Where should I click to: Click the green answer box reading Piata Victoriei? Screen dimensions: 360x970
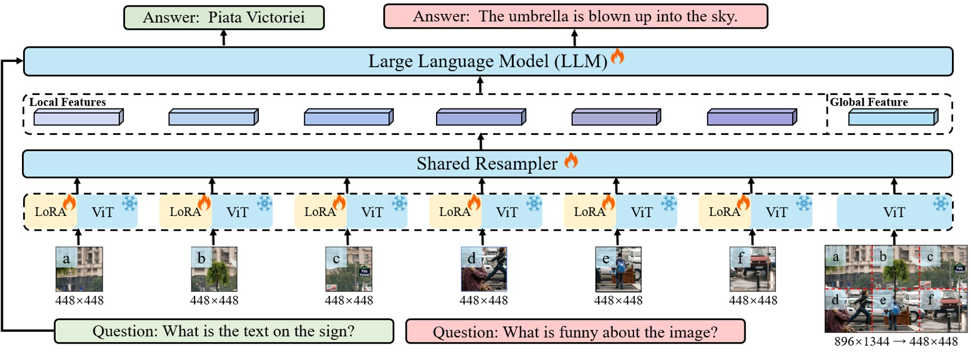(224, 17)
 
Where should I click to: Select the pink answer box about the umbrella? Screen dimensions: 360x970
(575, 16)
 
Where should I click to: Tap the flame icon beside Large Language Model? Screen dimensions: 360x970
(618, 56)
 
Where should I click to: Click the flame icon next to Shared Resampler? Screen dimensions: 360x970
(571, 160)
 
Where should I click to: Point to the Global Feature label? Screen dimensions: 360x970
(869, 102)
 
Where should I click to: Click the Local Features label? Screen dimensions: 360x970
(68, 102)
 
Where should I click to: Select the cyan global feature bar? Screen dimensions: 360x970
(892, 118)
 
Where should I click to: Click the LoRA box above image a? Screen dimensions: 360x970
(50, 212)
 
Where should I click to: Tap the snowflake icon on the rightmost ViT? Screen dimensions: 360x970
(941, 203)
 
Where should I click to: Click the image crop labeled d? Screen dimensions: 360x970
(483, 269)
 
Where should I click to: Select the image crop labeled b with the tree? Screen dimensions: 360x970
(214, 269)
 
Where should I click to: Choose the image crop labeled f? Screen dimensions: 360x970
(753, 269)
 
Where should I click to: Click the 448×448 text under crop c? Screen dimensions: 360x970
(349, 300)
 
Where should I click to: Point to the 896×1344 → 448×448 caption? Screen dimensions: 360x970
(896, 341)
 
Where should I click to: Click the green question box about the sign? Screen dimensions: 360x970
(224, 331)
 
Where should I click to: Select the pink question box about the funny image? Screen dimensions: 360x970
(575, 332)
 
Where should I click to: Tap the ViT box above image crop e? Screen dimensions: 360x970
(646, 212)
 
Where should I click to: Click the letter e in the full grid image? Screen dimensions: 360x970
(883, 300)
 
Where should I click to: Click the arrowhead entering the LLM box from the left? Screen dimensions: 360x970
(20, 61)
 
